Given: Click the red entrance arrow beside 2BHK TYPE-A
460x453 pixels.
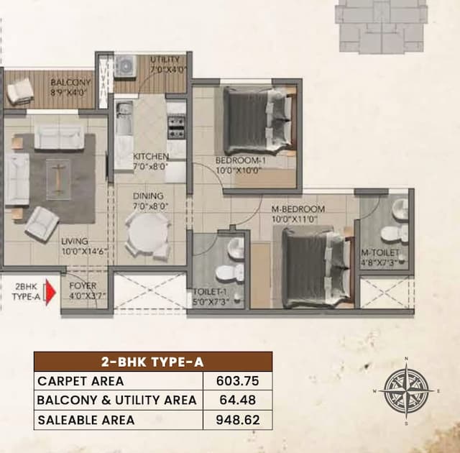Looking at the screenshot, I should click(50, 293).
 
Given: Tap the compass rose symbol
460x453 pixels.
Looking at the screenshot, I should click(406, 390).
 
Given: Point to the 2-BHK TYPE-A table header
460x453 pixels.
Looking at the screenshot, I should click(152, 362).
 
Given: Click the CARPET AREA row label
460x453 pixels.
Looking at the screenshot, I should click(80, 381).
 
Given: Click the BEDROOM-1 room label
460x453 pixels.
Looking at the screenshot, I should click(241, 161).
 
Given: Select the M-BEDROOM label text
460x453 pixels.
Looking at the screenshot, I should click(298, 209).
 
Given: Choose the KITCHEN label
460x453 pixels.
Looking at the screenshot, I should click(151, 157).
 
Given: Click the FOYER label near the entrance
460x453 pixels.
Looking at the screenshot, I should click(83, 285).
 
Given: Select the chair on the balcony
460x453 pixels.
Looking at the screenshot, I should click(20, 91).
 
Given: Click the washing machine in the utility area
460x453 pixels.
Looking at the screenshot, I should click(125, 65).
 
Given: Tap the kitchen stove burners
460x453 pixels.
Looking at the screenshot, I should click(176, 127).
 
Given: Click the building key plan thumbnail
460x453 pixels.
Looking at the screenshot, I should click(382, 25).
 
